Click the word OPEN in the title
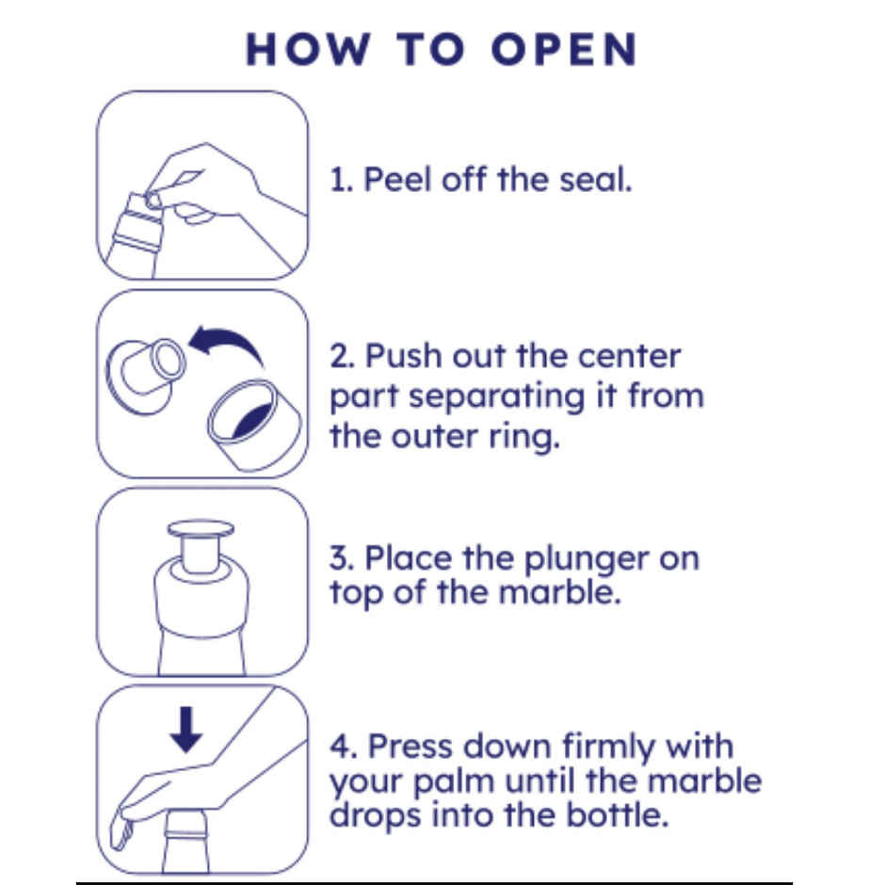(564, 49)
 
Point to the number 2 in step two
(340, 356)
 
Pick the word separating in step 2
(497, 397)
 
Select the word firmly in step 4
(608, 748)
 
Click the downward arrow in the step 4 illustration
(186, 730)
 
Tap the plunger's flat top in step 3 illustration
(201, 528)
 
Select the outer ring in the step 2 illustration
(254, 425)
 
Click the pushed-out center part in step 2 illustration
(146, 376)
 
